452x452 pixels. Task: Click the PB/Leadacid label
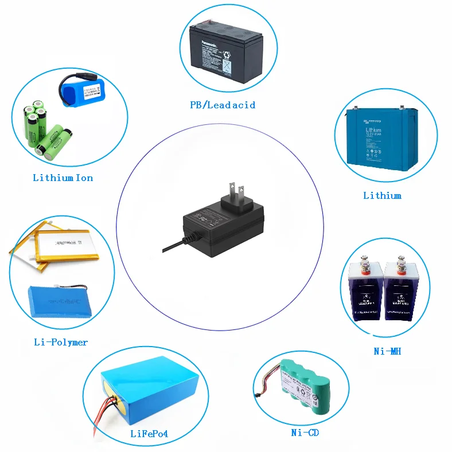click(223, 105)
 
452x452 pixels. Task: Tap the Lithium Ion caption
click(63, 178)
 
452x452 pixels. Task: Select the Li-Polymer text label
click(61, 342)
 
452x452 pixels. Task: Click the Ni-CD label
click(305, 433)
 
